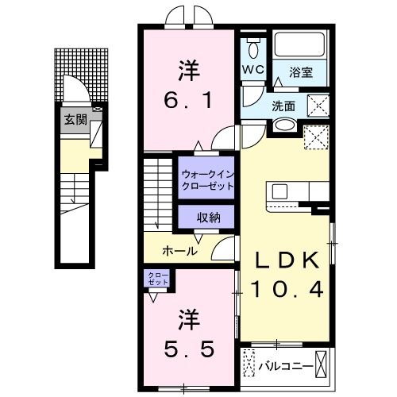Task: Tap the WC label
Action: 253,69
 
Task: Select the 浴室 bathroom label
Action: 300,72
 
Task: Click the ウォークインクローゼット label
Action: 207,179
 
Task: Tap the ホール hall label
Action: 179,251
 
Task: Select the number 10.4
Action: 287,290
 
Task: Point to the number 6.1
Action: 187,101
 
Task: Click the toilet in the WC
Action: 253,48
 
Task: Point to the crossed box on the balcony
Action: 322,366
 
